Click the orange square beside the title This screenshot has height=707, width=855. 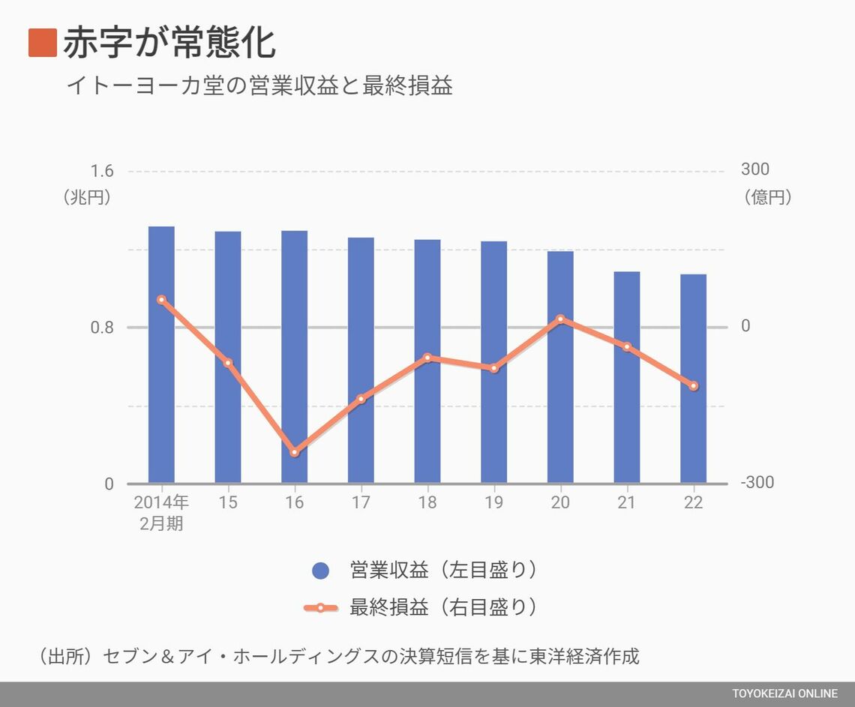43,43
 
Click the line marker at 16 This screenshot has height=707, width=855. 294,452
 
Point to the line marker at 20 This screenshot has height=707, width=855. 560,319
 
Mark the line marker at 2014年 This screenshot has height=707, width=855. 161,300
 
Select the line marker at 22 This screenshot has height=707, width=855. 693,386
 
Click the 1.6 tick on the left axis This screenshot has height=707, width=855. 102,171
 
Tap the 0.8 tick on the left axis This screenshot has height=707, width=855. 102,328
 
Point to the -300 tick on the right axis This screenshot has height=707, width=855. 757,483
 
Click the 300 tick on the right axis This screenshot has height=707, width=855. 754,170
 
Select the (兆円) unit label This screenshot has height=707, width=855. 87,197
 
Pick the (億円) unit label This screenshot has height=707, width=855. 768,197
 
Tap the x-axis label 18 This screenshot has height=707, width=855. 427,502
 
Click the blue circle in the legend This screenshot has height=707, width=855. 320,571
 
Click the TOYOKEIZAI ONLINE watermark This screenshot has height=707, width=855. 785,694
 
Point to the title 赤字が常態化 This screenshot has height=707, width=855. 169,43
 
